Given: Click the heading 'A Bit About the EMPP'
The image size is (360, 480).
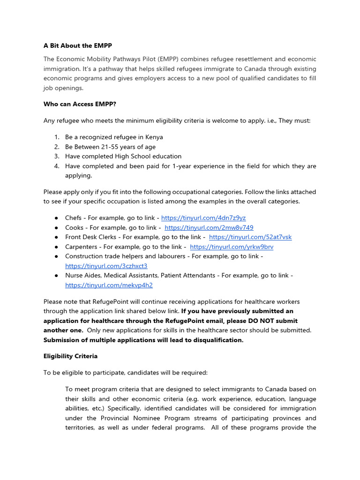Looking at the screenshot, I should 78,45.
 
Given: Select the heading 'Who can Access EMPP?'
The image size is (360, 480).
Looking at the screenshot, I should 79,104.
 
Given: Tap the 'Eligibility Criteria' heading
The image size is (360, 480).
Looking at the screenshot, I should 70,356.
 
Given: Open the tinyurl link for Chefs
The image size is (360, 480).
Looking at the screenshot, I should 203,218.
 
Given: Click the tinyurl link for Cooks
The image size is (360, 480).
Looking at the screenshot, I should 209,227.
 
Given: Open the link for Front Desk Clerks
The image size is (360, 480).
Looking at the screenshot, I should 250,237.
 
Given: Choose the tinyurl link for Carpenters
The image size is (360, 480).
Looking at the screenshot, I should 232,247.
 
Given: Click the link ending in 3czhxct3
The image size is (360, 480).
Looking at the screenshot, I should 106,266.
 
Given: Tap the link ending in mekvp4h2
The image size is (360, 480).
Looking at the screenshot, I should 109,285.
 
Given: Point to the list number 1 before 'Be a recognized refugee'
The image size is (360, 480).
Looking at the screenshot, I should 56,137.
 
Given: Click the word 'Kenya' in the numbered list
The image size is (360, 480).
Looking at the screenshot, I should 154,137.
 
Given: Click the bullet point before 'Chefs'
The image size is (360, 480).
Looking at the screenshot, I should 56,218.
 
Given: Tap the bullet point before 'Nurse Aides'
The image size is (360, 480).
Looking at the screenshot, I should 56,276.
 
